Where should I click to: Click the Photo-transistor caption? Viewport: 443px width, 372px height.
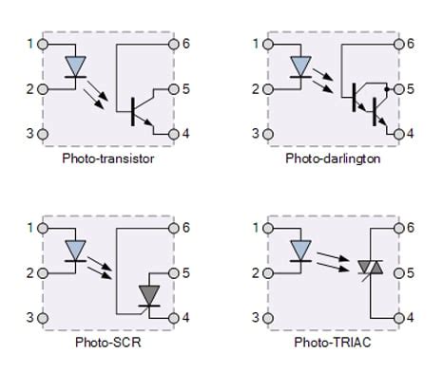(x=108, y=158)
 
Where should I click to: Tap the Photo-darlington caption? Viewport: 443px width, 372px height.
(x=333, y=158)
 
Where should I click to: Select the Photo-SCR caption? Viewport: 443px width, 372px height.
(x=108, y=341)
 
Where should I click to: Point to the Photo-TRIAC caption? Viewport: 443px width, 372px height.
(x=333, y=341)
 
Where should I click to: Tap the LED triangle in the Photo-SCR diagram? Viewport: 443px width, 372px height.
(x=76, y=251)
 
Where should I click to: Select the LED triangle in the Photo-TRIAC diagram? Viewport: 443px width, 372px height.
(x=301, y=251)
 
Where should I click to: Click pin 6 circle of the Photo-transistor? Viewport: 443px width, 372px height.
(x=174, y=44)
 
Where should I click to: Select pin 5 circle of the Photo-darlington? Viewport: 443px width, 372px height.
(x=399, y=89)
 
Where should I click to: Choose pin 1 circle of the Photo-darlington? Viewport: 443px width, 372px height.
(x=267, y=44)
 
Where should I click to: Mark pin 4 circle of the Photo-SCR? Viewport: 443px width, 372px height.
(x=174, y=317)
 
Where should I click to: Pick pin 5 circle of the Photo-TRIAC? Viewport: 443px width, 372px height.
(x=399, y=273)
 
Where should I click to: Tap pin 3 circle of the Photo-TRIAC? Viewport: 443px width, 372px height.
(x=267, y=317)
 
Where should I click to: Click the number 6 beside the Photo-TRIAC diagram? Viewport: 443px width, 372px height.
(x=411, y=228)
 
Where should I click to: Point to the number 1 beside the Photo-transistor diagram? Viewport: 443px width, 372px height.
(x=30, y=44)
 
